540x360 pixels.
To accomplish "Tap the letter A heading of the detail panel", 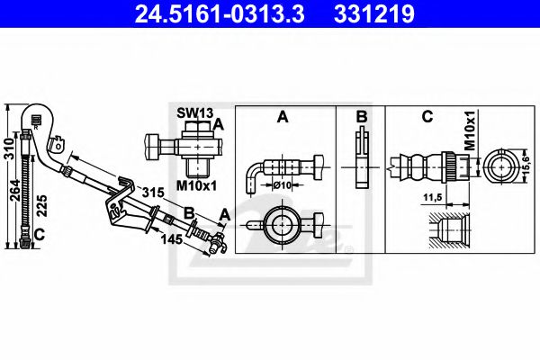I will pyautogui.click(x=283, y=116).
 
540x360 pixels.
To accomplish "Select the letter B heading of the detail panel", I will pyautogui.click(x=360, y=116).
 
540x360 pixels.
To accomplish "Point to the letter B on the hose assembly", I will pyautogui.click(x=190, y=212).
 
